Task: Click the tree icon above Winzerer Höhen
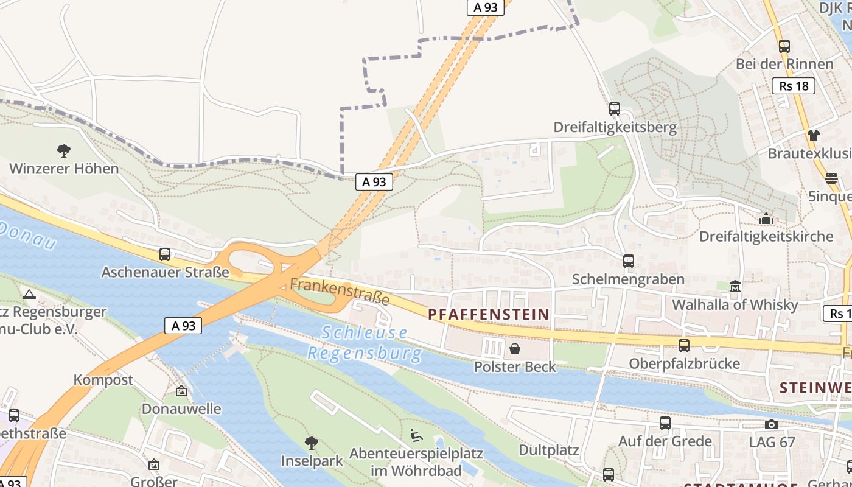pos(63,150)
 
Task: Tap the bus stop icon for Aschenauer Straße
pos(165,254)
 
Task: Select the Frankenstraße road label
pos(340,292)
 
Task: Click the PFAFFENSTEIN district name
pos(489,314)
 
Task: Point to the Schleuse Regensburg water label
pos(365,343)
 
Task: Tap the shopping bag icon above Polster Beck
pos(515,349)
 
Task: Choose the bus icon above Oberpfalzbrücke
pos(684,346)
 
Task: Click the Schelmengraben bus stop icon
pos(629,261)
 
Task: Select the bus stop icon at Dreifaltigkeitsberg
pos(615,110)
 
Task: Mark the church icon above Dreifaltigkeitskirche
pos(766,218)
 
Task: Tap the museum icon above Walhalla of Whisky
pos(735,286)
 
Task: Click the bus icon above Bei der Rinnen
pos(784,46)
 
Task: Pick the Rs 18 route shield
pos(794,86)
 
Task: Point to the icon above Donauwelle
pos(181,391)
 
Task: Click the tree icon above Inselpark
pos(312,443)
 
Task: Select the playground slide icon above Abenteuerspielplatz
pos(416,435)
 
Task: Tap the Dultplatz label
pos(548,450)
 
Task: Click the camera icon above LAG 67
pos(772,424)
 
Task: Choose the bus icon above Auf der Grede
pos(665,422)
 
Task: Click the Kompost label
pos(103,380)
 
